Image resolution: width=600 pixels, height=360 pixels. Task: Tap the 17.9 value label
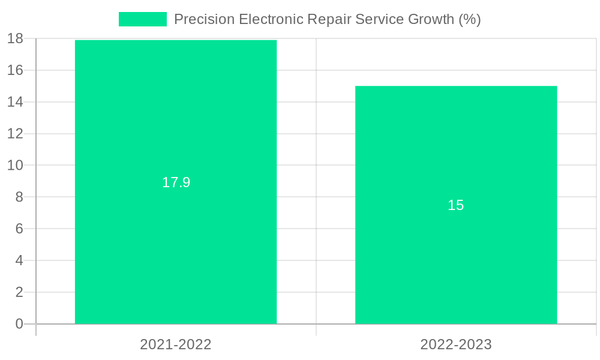pos(176,182)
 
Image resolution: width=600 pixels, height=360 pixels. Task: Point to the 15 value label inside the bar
pos(456,205)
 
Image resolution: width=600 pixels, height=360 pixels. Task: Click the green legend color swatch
pos(143,19)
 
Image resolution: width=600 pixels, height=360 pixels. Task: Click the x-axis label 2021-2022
pos(176,344)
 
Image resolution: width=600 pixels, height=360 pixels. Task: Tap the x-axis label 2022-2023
pos(456,344)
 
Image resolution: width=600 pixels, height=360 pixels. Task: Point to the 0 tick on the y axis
pos(19,324)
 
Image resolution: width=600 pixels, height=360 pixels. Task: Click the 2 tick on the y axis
pos(19,292)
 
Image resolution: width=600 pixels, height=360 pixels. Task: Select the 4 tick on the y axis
pos(19,260)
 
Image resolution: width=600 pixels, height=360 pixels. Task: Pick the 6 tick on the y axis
pos(19,229)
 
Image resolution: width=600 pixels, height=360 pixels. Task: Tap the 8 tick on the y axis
pos(19,197)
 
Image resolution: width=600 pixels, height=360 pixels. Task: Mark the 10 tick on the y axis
pos(15,165)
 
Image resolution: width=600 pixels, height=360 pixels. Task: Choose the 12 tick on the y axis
pos(15,134)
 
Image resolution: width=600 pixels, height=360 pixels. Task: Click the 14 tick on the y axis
pos(15,102)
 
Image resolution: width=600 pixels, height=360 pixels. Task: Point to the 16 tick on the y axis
pos(15,70)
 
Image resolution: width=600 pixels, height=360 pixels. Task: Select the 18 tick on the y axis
pos(15,38)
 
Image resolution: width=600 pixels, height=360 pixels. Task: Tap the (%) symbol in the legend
pos(469,19)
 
